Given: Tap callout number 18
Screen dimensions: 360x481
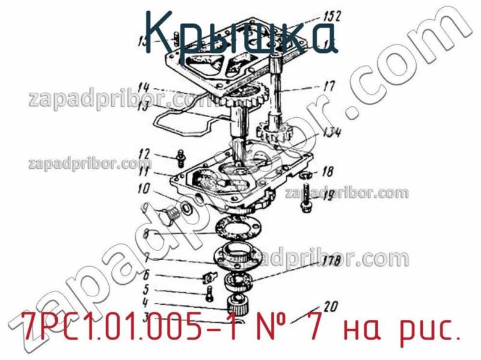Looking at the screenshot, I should pos(327,172).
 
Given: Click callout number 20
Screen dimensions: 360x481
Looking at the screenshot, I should pos(331,304).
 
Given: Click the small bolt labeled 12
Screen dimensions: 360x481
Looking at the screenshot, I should pos(180,158).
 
